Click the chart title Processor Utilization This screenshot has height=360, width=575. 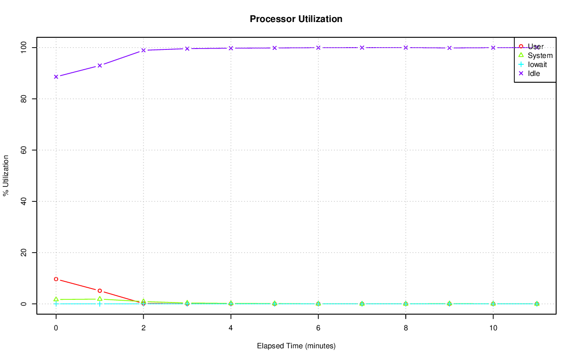point(296,19)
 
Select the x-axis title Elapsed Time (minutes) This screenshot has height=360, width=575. point(296,346)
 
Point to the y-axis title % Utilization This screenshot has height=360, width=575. point(6,175)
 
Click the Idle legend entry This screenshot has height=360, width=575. point(534,73)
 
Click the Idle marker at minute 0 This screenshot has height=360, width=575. point(56,76)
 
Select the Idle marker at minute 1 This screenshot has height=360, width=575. point(100,66)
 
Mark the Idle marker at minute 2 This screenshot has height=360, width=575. point(143,50)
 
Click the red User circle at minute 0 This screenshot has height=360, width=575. point(56,279)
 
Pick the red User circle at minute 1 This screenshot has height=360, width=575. point(100,291)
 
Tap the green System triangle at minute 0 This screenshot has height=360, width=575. point(56,299)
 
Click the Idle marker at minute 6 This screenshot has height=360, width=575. point(318,48)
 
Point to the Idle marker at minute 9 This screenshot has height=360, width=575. point(449,48)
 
